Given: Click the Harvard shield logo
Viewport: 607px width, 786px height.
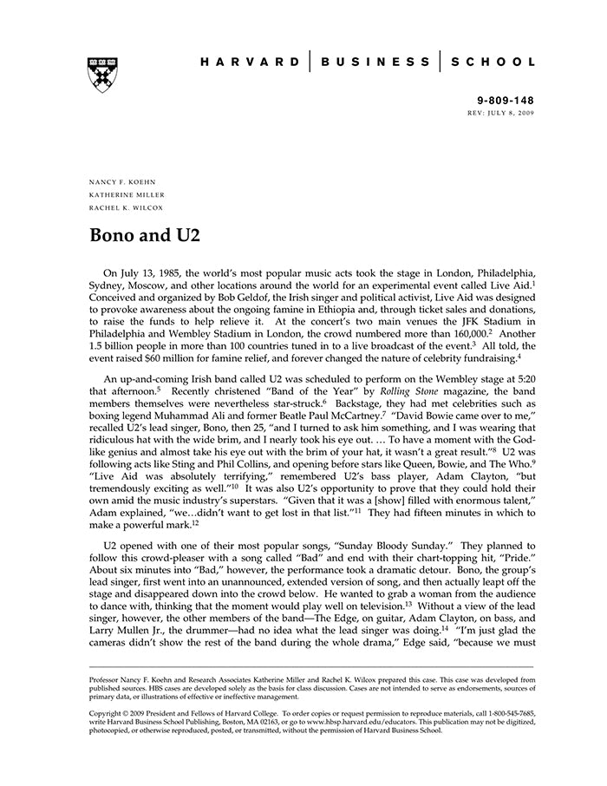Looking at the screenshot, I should point(102,75).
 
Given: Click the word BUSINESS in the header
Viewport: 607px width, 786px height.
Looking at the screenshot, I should point(375,62).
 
